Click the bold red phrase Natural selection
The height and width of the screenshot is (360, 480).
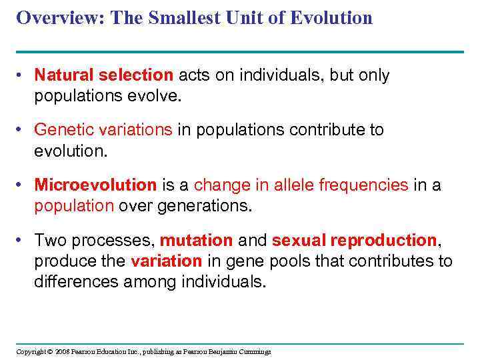[x=103, y=75]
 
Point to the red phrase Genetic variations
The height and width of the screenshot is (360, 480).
[x=103, y=129]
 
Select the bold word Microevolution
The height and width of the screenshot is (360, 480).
[x=95, y=185]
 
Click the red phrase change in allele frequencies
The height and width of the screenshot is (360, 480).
[x=301, y=185]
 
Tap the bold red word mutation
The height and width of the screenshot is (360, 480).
[x=196, y=240]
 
